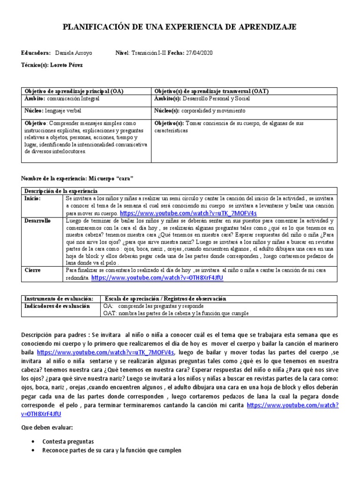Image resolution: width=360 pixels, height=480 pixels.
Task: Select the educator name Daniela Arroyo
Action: coord(75,53)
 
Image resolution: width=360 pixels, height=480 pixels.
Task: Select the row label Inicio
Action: coord(32,198)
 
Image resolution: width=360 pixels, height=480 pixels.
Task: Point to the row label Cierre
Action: coord(33,270)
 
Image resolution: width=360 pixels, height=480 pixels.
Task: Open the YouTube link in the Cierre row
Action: coord(157,277)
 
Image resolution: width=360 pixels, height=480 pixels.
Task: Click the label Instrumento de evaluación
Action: coord(59,299)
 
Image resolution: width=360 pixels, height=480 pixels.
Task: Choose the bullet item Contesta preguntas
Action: coord(68,442)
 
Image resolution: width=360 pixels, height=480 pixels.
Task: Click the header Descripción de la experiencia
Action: coord(61,191)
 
